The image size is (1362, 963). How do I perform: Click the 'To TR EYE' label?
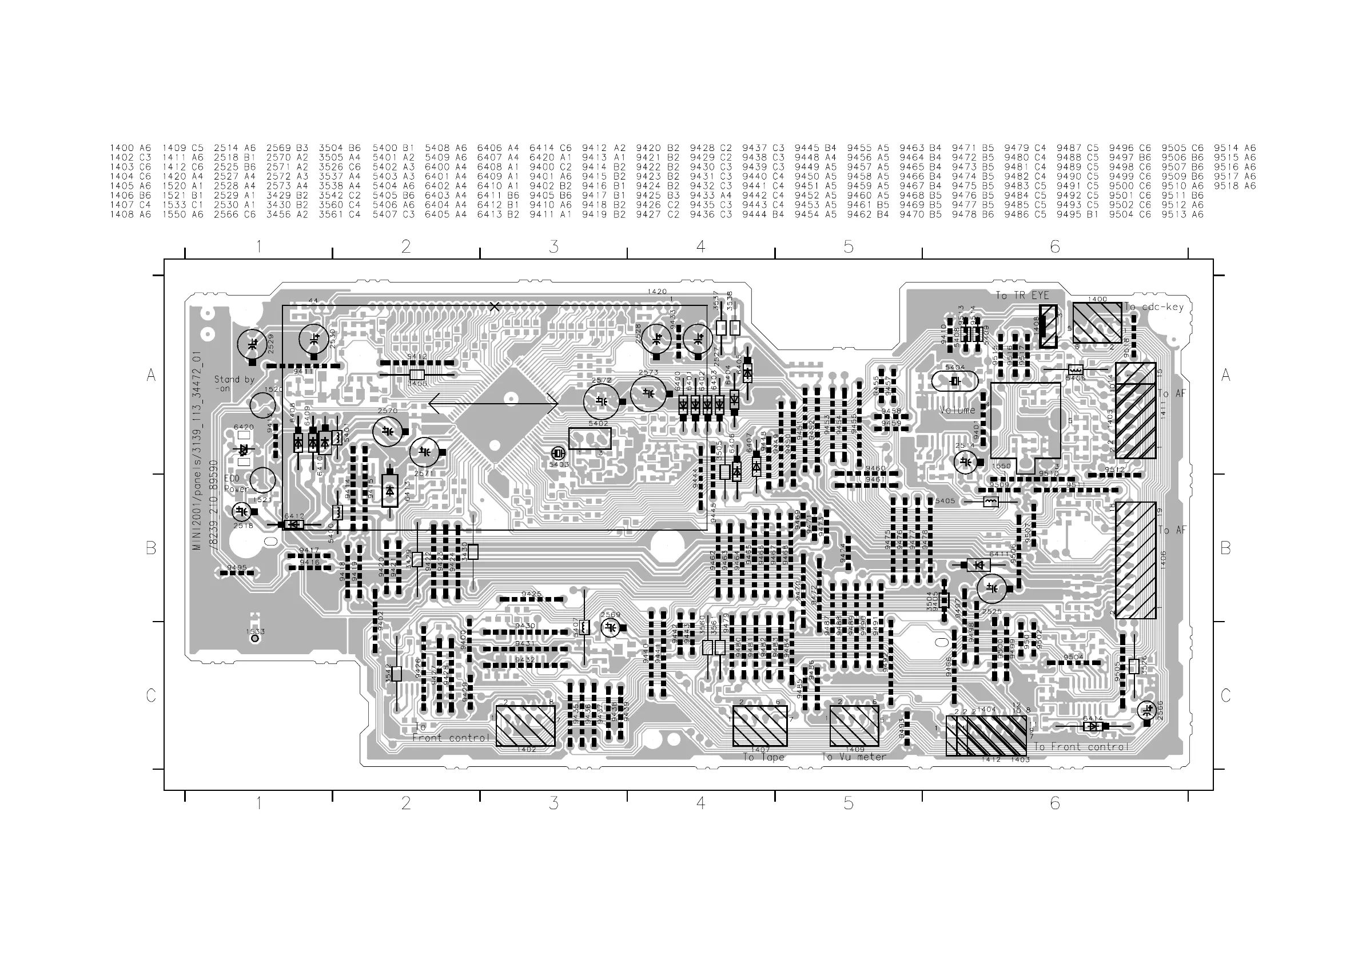tap(1021, 296)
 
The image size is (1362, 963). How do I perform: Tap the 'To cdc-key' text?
tap(1154, 307)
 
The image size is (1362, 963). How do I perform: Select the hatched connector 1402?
tap(525, 726)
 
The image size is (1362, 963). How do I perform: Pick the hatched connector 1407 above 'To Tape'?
tap(759, 726)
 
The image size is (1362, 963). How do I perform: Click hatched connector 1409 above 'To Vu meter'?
tap(854, 726)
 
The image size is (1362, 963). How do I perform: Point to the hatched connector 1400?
tap(1097, 323)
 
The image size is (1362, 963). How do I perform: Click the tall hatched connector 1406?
tap(1136, 560)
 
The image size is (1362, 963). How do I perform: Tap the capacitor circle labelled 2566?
tap(1146, 710)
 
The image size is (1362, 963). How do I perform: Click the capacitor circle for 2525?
tap(991, 588)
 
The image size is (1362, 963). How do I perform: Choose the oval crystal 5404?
tap(954, 381)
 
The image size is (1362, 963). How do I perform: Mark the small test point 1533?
tap(256, 639)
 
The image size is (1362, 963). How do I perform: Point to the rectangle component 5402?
tap(590, 438)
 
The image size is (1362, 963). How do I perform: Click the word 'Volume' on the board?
tap(957, 410)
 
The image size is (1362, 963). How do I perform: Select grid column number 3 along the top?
tap(553, 246)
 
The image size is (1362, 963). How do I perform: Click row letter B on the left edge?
tap(152, 548)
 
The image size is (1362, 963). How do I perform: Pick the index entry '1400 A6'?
tap(130, 148)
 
